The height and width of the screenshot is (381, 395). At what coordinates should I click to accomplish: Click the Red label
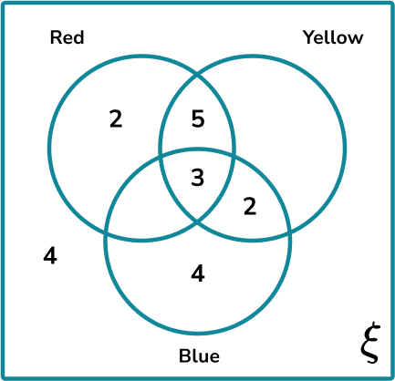click(x=67, y=37)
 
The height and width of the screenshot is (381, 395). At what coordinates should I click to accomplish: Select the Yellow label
click(x=333, y=37)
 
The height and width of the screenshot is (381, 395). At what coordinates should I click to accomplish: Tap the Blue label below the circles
click(x=199, y=355)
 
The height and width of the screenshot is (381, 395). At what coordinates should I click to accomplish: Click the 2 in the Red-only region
click(x=116, y=119)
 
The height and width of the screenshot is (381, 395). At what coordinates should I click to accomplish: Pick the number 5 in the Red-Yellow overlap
click(x=198, y=118)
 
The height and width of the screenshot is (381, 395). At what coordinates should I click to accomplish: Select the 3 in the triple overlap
click(x=198, y=178)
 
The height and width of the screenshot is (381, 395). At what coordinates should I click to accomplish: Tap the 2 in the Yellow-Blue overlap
click(x=250, y=207)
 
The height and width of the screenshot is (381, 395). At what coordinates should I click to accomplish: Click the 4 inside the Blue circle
click(x=198, y=273)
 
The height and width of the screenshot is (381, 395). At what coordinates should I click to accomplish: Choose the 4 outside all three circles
click(x=50, y=256)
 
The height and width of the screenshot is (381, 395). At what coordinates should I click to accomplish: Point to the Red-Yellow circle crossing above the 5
click(x=197, y=74)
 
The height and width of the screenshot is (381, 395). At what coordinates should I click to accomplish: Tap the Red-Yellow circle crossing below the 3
click(x=197, y=222)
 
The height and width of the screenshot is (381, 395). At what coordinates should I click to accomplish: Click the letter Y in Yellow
click(x=310, y=37)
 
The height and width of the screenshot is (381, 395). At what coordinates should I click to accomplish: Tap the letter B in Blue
click(x=184, y=356)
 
